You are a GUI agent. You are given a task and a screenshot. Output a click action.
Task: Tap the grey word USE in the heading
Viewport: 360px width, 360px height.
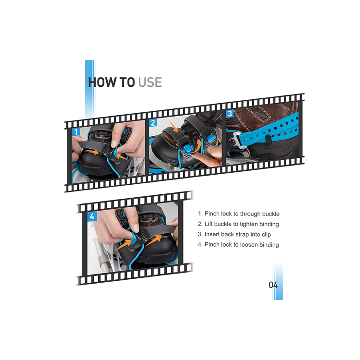tap(150, 82)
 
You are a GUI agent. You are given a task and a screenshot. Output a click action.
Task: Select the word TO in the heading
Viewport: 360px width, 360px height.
tap(127, 82)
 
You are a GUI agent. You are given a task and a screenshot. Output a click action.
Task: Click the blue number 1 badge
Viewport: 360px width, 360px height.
tap(76, 132)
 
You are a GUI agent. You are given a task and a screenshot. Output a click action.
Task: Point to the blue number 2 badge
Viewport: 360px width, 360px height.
tap(153, 123)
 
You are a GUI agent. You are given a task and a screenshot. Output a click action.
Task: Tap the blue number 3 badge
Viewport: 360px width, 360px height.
tap(230, 114)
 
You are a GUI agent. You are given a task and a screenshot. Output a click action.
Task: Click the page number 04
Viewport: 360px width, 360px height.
tap(273, 285)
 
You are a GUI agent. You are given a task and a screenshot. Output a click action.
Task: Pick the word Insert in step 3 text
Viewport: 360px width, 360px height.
tap(212, 234)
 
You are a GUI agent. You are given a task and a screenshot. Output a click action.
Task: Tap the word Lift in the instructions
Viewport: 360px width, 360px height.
tap(208, 224)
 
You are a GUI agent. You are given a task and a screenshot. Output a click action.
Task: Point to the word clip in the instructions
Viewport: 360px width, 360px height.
tap(266, 234)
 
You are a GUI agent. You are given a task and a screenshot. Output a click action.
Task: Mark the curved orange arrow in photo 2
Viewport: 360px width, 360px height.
tap(197, 146)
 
